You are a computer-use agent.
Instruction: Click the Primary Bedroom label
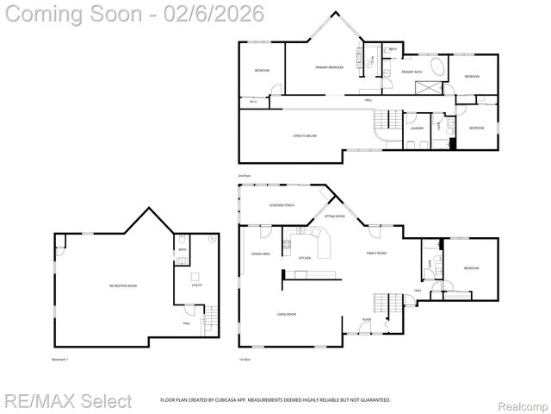tap(329, 67)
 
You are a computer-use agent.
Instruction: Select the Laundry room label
tap(417, 129)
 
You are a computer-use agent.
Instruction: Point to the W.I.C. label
tap(254, 102)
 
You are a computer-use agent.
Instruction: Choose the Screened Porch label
tap(282, 205)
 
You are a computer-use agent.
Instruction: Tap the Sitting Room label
tap(335, 216)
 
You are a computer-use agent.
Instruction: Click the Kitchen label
tap(304, 258)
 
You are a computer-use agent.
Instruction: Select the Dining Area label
tap(261, 254)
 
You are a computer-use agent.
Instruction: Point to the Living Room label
tap(286, 315)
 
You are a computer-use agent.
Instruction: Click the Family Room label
tap(376, 253)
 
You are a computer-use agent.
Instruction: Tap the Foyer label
tap(366, 319)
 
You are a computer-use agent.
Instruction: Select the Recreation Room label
tap(123, 285)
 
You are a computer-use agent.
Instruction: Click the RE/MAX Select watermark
tap(68, 401)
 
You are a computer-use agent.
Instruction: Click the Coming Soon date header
tap(133, 13)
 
